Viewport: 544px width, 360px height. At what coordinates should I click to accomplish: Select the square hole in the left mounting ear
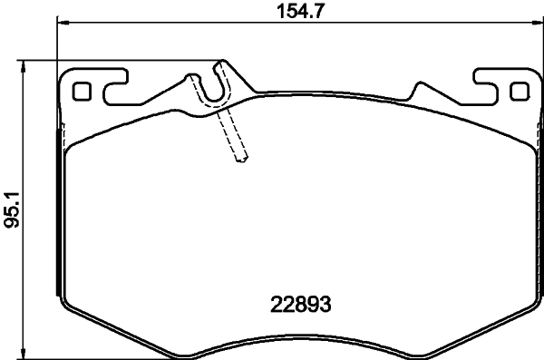pos(82,92)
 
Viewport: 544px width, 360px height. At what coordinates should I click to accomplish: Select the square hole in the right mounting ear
pos(519,92)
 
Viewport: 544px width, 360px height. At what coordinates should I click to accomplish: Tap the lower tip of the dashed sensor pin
pos(241,161)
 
